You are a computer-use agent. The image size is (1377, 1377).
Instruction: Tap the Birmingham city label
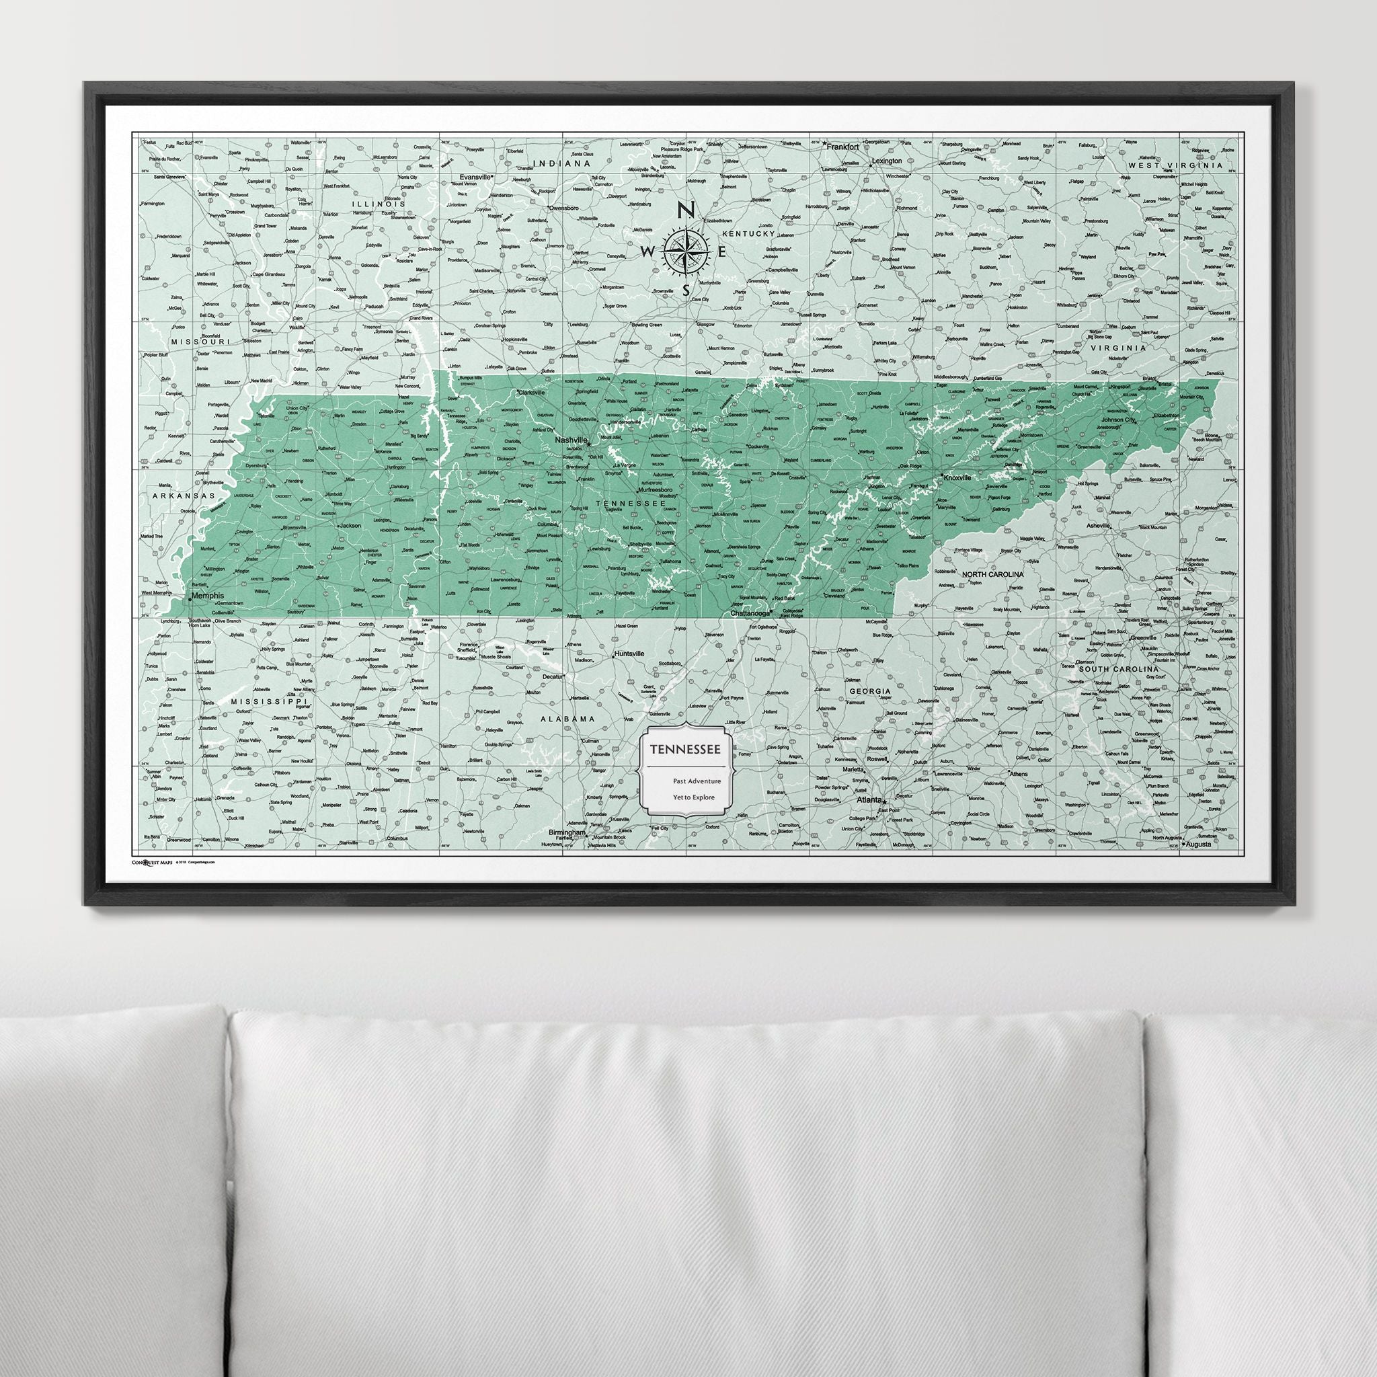567,832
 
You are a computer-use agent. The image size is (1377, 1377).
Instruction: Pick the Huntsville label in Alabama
629,653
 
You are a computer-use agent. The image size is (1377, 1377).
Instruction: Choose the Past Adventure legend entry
697,782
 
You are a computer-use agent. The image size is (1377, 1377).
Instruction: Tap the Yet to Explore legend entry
693,797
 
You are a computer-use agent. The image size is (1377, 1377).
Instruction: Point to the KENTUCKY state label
748,234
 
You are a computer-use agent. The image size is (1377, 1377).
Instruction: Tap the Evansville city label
476,176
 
